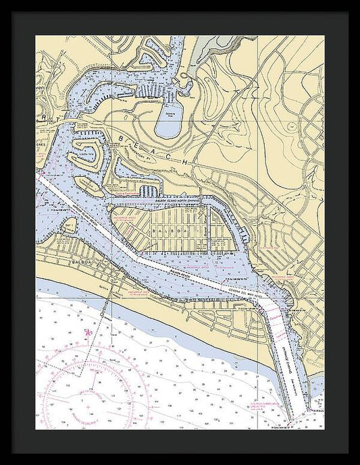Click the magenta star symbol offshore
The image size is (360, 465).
(x=88, y=333)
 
